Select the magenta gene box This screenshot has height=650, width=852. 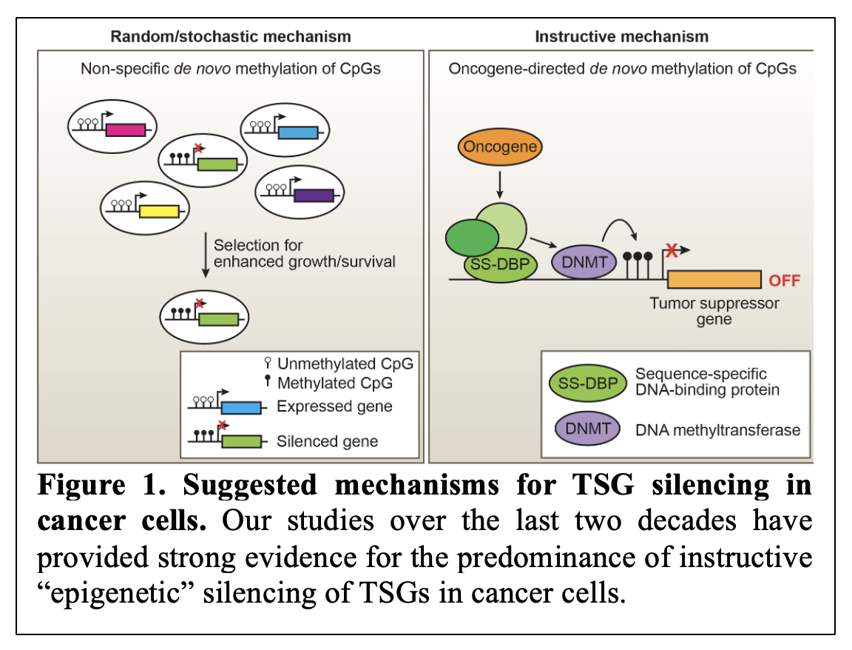pyautogui.click(x=125, y=131)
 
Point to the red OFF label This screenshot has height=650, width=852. pyautogui.click(x=785, y=281)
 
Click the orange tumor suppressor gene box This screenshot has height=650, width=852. pyautogui.click(x=714, y=279)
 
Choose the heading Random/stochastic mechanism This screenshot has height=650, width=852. pyautogui.click(x=230, y=36)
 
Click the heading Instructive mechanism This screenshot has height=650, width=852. pyautogui.click(x=621, y=36)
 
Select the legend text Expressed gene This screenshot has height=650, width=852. pyautogui.click(x=334, y=406)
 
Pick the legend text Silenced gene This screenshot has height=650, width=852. pyautogui.click(x=327, y=441)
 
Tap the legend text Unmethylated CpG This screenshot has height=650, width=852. pyautogui.click(x=345, y=363)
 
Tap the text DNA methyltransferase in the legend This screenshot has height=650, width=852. pyautogui.click(x=718, y=429)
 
